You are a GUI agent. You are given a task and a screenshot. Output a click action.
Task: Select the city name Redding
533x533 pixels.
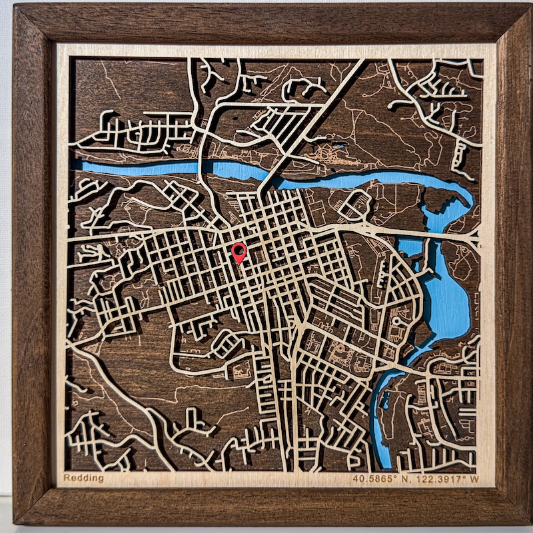coord(83,478)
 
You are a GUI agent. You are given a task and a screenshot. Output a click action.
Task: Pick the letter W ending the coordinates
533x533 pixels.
coord(475,478)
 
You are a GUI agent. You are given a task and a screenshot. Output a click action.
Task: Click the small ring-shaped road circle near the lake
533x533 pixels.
coord(397,321)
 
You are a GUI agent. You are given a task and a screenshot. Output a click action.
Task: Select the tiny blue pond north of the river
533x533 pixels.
coord(340,145)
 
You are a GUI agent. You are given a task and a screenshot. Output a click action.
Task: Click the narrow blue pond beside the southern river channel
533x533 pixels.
coord(386,400)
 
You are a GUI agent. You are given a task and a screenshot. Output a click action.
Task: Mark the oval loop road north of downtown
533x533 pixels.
coord(354,205)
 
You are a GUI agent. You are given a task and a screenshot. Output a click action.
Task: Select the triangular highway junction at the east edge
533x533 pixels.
coord(474,235)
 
